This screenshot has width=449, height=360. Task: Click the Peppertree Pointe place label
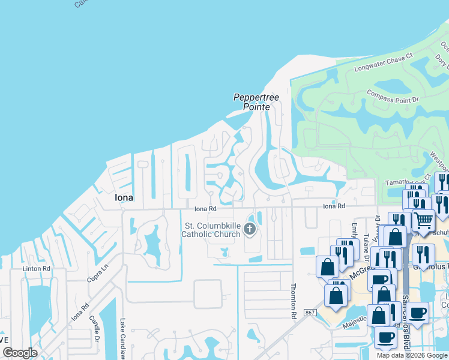point(256,101)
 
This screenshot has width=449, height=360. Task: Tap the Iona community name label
point(124,197)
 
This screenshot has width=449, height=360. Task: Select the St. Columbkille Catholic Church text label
point(211,230)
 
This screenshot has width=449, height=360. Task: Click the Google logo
point(20,353)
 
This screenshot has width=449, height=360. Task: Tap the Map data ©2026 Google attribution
point(412,355)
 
